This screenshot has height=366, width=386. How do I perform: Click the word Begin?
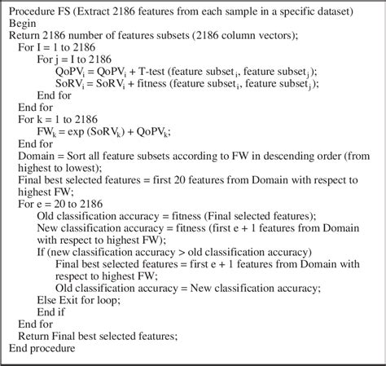point(24,24)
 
